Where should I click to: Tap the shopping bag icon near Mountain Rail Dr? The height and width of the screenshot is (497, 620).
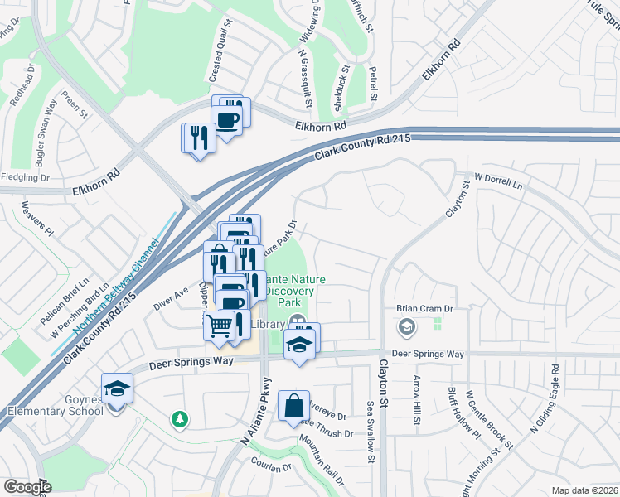coord(293,407)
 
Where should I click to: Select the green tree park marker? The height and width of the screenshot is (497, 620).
coord(179,420)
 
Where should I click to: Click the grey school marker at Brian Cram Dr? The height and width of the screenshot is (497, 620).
coord(406,328)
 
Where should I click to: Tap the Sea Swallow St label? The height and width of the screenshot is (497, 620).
coord(369,432)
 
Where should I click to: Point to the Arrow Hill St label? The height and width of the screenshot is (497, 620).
coord(416,403)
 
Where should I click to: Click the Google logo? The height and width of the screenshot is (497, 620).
coord(27,487)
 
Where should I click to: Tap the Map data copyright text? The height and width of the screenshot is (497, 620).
coord(584,490)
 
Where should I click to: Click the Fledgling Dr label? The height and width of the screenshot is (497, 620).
coord(26,177)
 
